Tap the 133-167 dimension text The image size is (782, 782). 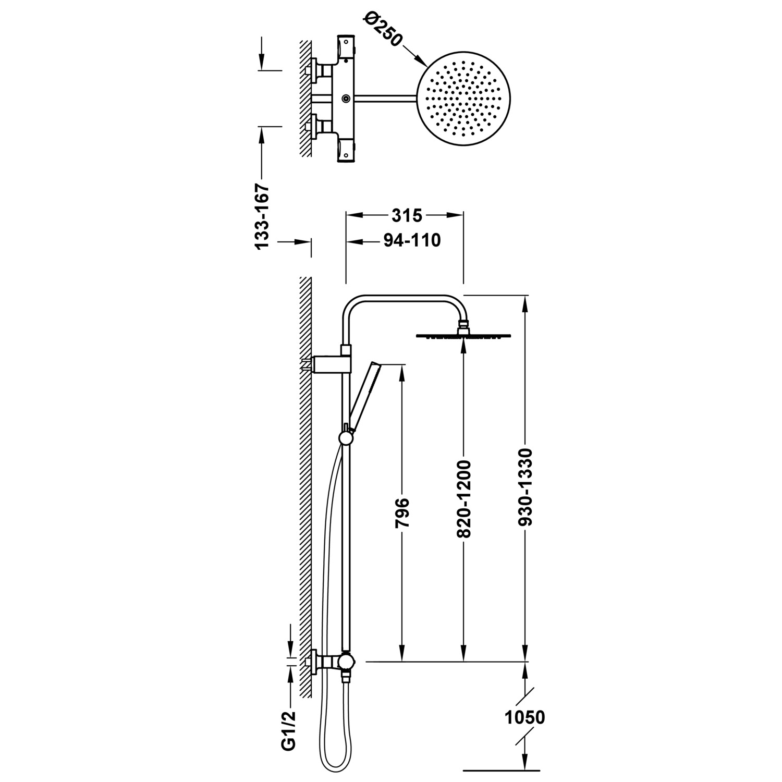262,215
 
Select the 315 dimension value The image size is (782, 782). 406,215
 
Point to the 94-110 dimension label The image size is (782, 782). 412,240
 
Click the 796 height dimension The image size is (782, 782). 402,513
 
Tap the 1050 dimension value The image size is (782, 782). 524,717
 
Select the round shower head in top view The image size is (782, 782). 463,99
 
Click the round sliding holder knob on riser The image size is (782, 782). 345,438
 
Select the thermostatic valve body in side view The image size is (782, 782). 345,662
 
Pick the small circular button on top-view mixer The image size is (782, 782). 345,98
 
